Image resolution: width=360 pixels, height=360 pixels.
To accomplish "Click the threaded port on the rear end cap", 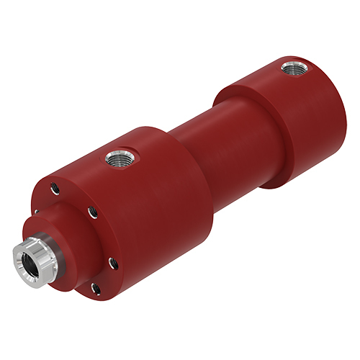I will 292,69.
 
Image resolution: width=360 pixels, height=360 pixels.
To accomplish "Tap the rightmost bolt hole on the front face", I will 112,263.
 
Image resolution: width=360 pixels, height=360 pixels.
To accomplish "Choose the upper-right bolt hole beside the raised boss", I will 91,212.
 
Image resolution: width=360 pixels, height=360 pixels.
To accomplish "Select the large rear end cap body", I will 288,122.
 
